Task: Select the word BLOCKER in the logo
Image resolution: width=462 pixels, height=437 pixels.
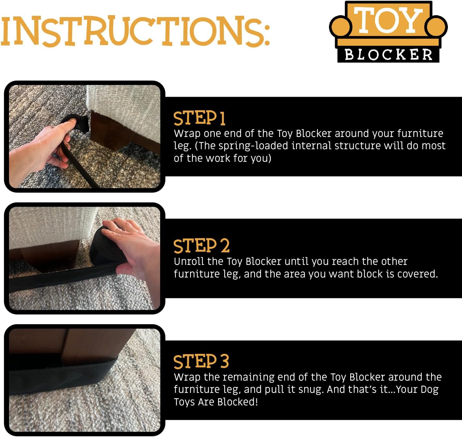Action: [x=388, y=54]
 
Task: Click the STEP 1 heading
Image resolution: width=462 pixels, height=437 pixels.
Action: [x=199, y=118]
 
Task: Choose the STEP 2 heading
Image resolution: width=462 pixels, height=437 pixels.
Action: [x=201, y=246]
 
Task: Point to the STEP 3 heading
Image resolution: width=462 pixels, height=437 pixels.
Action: [x=201, y=361]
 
